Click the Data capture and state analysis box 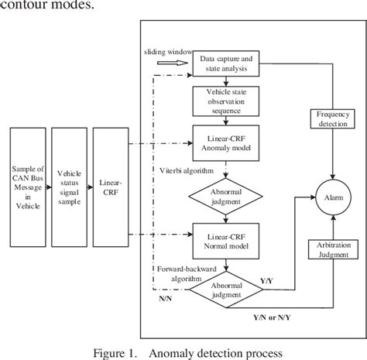(x=225, y=63)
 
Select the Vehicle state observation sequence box (x=225, y=101)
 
